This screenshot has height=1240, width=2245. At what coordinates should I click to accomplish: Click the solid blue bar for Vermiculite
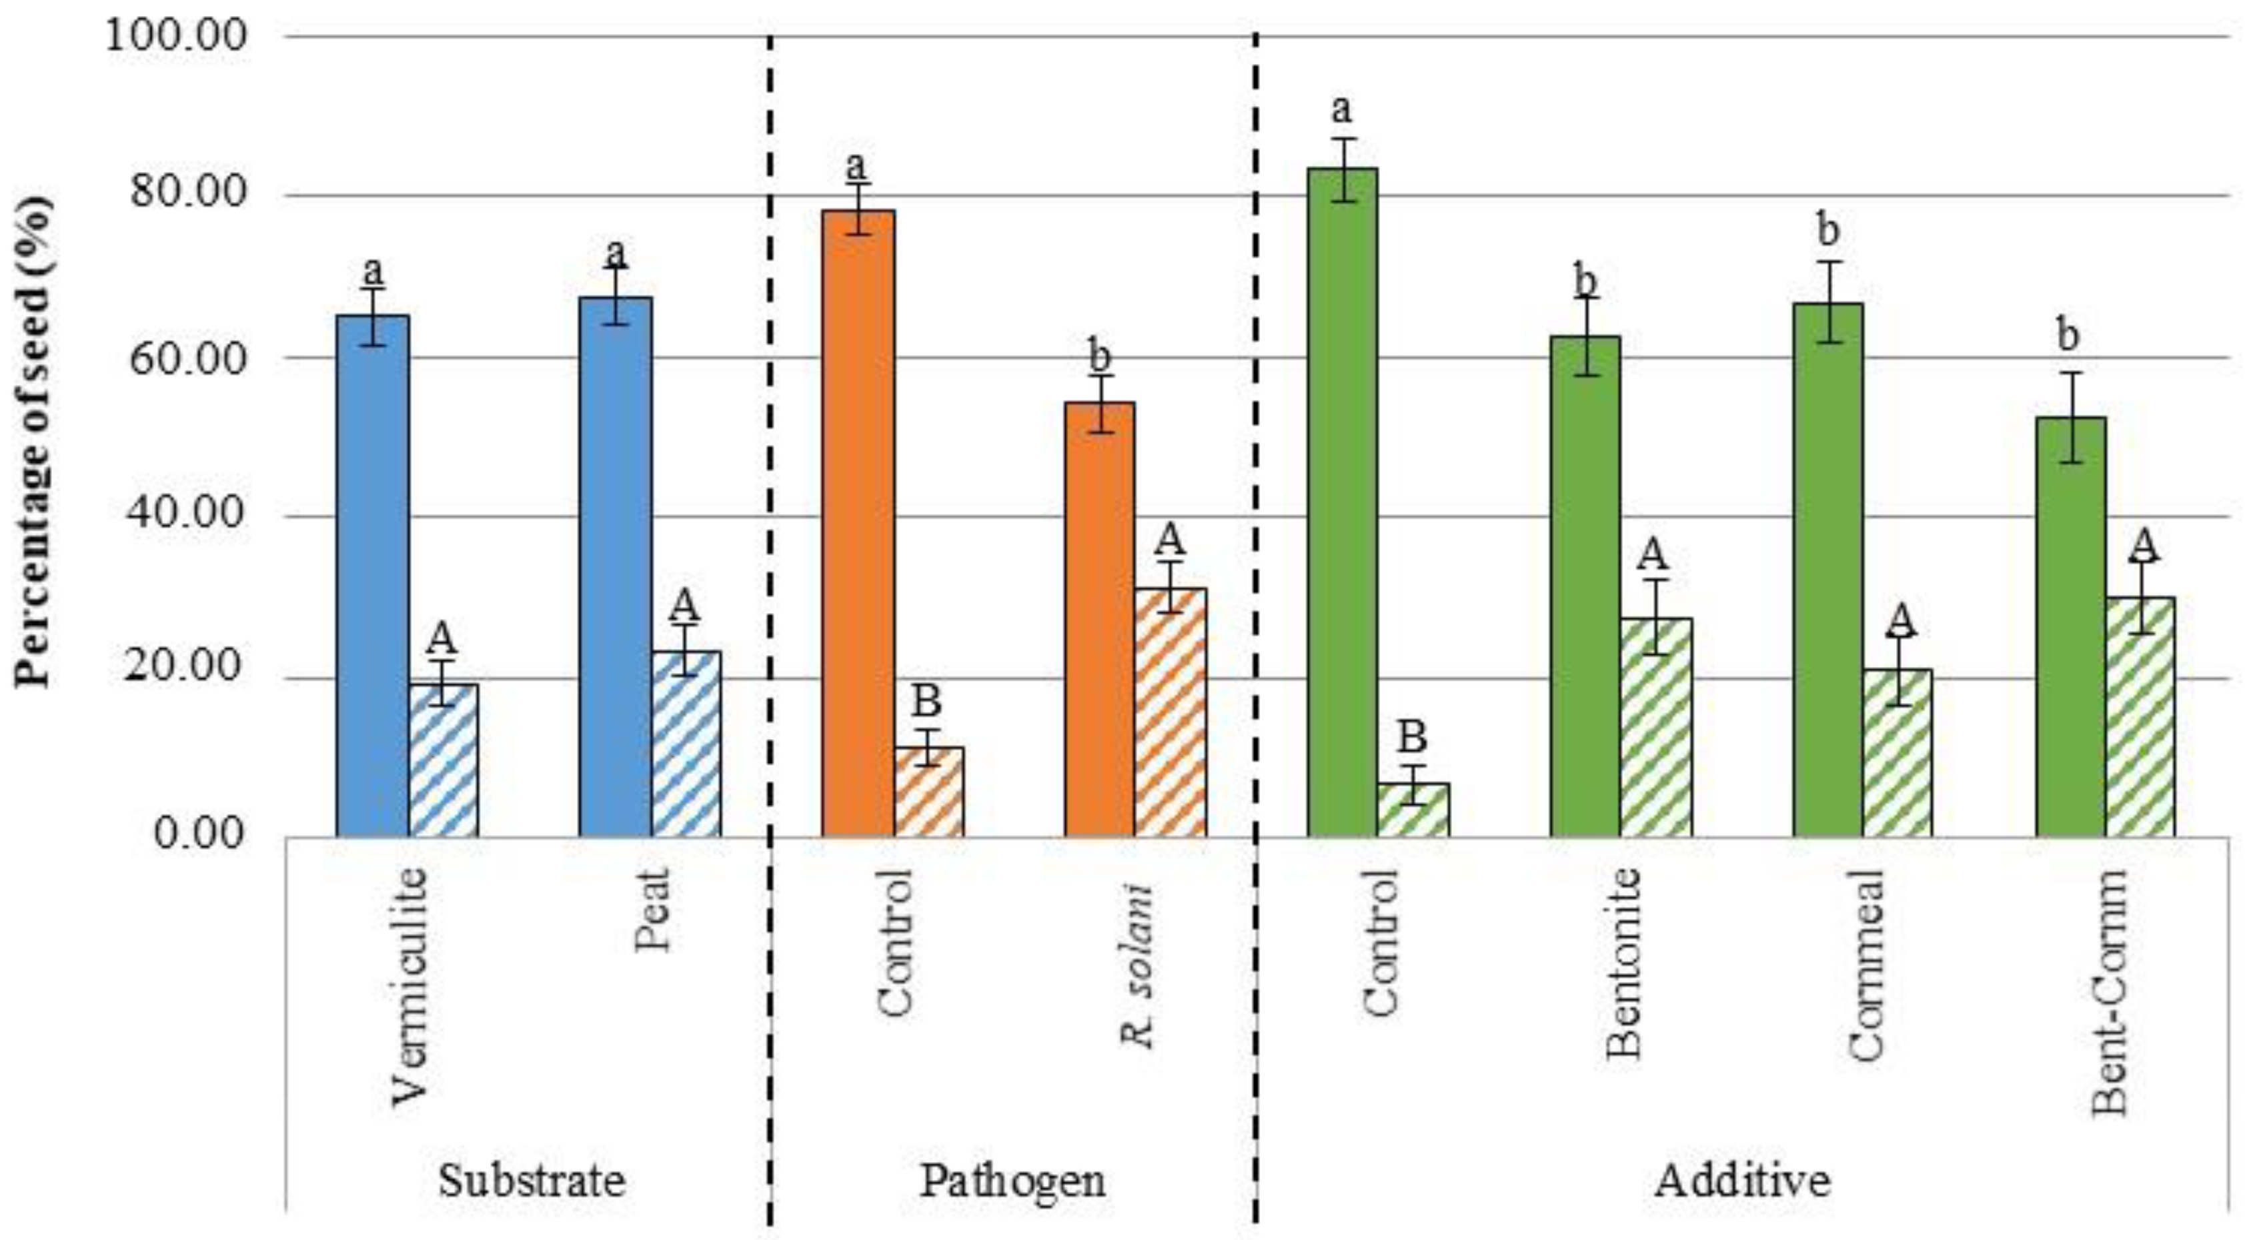372,575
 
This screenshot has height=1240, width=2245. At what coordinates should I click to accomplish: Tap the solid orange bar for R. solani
1100,619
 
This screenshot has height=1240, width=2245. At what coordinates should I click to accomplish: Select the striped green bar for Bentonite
1656,728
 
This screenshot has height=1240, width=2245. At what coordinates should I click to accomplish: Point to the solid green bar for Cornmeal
1827,571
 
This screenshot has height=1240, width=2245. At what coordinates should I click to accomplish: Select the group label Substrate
532,1181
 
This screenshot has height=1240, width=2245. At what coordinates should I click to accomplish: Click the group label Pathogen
1012,1181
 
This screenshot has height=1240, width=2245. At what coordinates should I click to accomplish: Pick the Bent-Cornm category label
2110,993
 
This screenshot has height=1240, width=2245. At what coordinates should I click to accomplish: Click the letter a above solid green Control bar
1342,110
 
